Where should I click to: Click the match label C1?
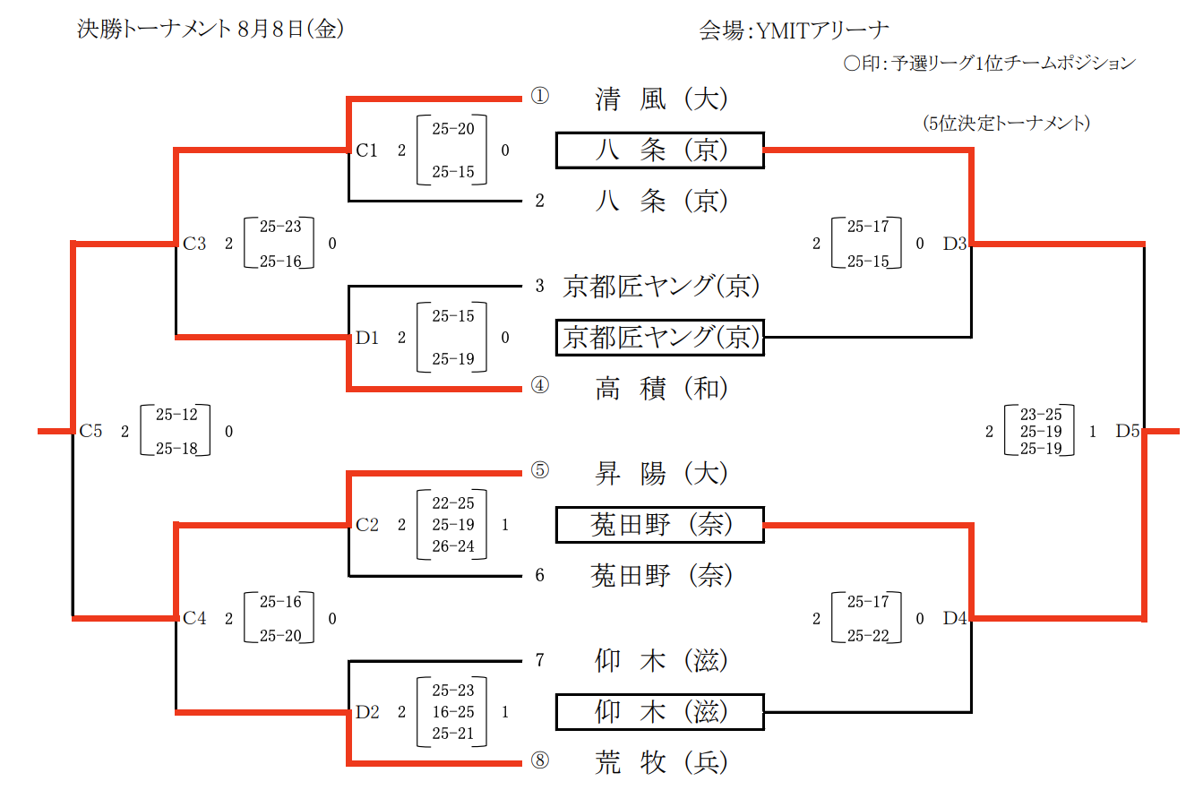366,150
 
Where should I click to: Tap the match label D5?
1127,432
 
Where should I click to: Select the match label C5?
90,432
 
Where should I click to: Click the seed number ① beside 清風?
539,97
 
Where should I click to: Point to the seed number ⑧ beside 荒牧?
539,761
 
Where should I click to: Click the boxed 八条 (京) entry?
659,150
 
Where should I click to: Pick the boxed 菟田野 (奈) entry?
659,525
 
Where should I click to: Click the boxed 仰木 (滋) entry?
659,712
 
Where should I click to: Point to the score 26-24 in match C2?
453,546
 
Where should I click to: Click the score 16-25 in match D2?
453,712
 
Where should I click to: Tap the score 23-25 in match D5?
1041,414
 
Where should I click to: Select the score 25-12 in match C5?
176,415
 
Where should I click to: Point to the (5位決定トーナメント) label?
1006,123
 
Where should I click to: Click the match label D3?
954,243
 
